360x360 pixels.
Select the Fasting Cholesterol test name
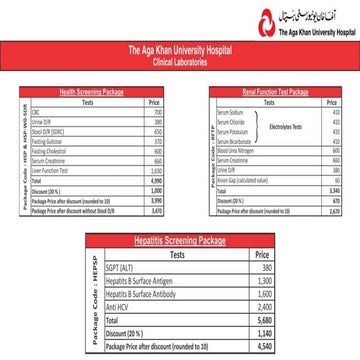76,151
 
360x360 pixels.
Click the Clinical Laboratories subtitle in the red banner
180,56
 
